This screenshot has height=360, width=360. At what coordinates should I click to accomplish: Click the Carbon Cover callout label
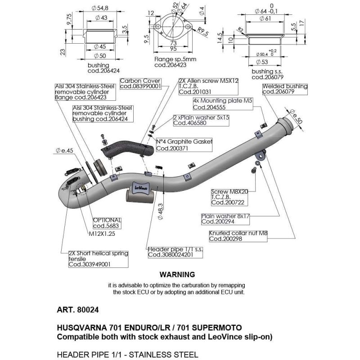click(140, 83)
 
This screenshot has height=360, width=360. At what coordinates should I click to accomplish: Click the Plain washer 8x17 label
click(225, 219)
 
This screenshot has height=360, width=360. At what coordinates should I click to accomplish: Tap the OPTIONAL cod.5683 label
click(107, 223)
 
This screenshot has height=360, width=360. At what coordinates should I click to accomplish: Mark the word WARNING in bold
click(177, 274)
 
